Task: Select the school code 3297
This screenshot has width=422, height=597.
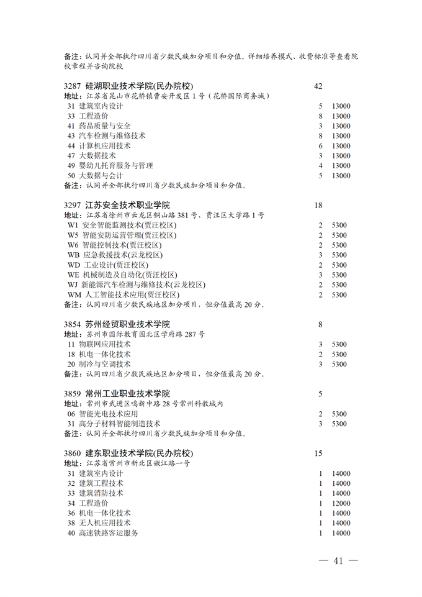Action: (x=73, y=205)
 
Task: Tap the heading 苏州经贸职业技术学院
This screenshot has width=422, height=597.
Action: (x=127, y=324)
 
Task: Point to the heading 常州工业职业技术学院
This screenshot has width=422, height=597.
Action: (x=127, y=394)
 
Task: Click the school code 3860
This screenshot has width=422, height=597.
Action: (x=73, y=453)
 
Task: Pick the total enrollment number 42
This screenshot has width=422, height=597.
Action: (x=319, y=86)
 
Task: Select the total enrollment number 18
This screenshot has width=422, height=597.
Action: (x=319, y=205)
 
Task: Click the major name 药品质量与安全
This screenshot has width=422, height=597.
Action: (x=104, y=126)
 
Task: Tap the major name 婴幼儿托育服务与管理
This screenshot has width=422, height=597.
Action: (x=115, y=166)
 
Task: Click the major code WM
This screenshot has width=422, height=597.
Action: (x=74, y=295)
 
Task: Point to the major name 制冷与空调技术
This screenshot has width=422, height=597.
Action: (x=104, y=365)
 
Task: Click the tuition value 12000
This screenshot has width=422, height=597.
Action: (x=341, y=503)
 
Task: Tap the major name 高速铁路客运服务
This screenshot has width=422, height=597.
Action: (x=108, y=533)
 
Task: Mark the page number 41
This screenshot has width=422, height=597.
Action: (x=338, y=561)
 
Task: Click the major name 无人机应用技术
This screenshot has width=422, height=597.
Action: (x=104, y=523)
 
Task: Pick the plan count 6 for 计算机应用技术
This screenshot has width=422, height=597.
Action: (x=320, y=146)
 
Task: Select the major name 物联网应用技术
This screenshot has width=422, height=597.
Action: (x=104, y=344)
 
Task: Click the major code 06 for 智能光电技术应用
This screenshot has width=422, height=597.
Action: (x=71, y=414)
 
